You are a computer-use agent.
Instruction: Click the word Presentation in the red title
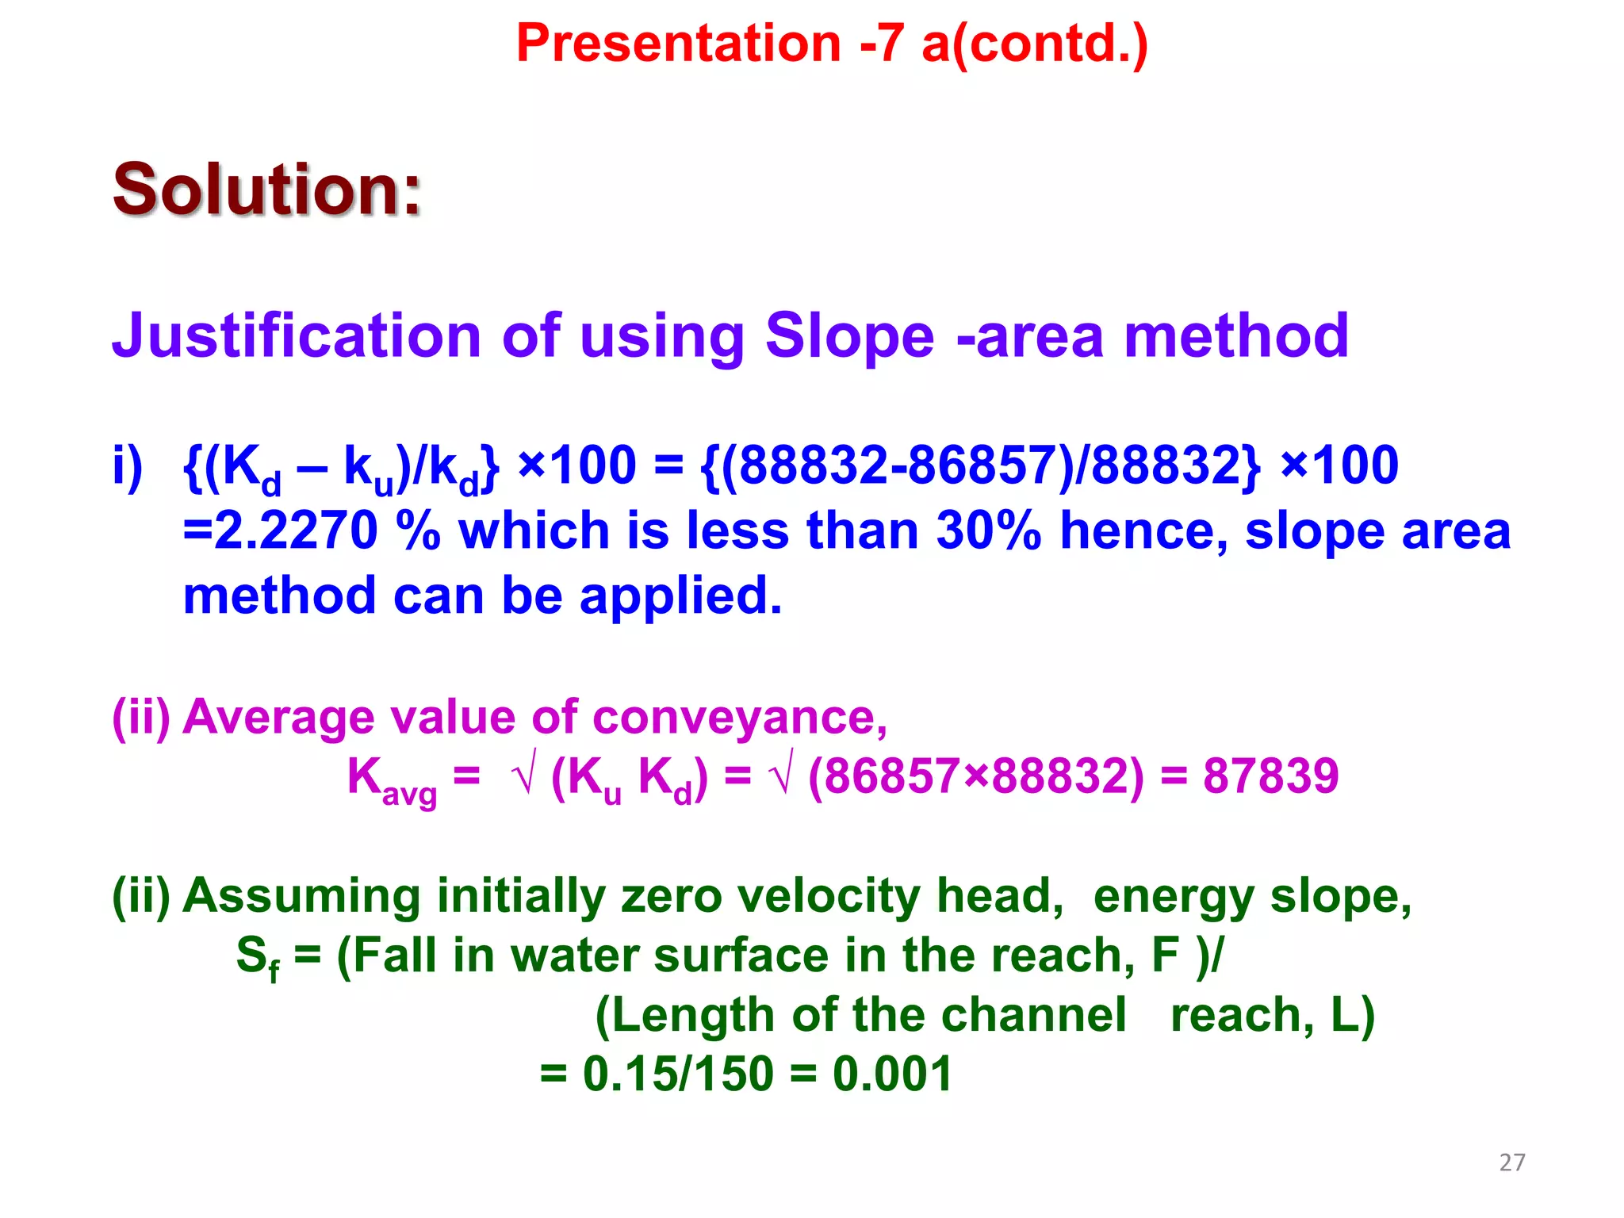(678, 43)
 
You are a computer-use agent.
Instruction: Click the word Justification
(297, 336)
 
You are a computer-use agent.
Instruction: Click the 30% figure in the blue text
(987, 530)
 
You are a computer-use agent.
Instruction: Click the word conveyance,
(739, 718)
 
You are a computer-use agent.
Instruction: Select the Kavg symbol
(391, 779)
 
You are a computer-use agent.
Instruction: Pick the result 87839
(1270, 776)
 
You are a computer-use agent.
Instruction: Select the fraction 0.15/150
(678, 1074)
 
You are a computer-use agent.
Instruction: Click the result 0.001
(892, 1074)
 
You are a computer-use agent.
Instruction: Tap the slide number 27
(1511, 1162)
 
